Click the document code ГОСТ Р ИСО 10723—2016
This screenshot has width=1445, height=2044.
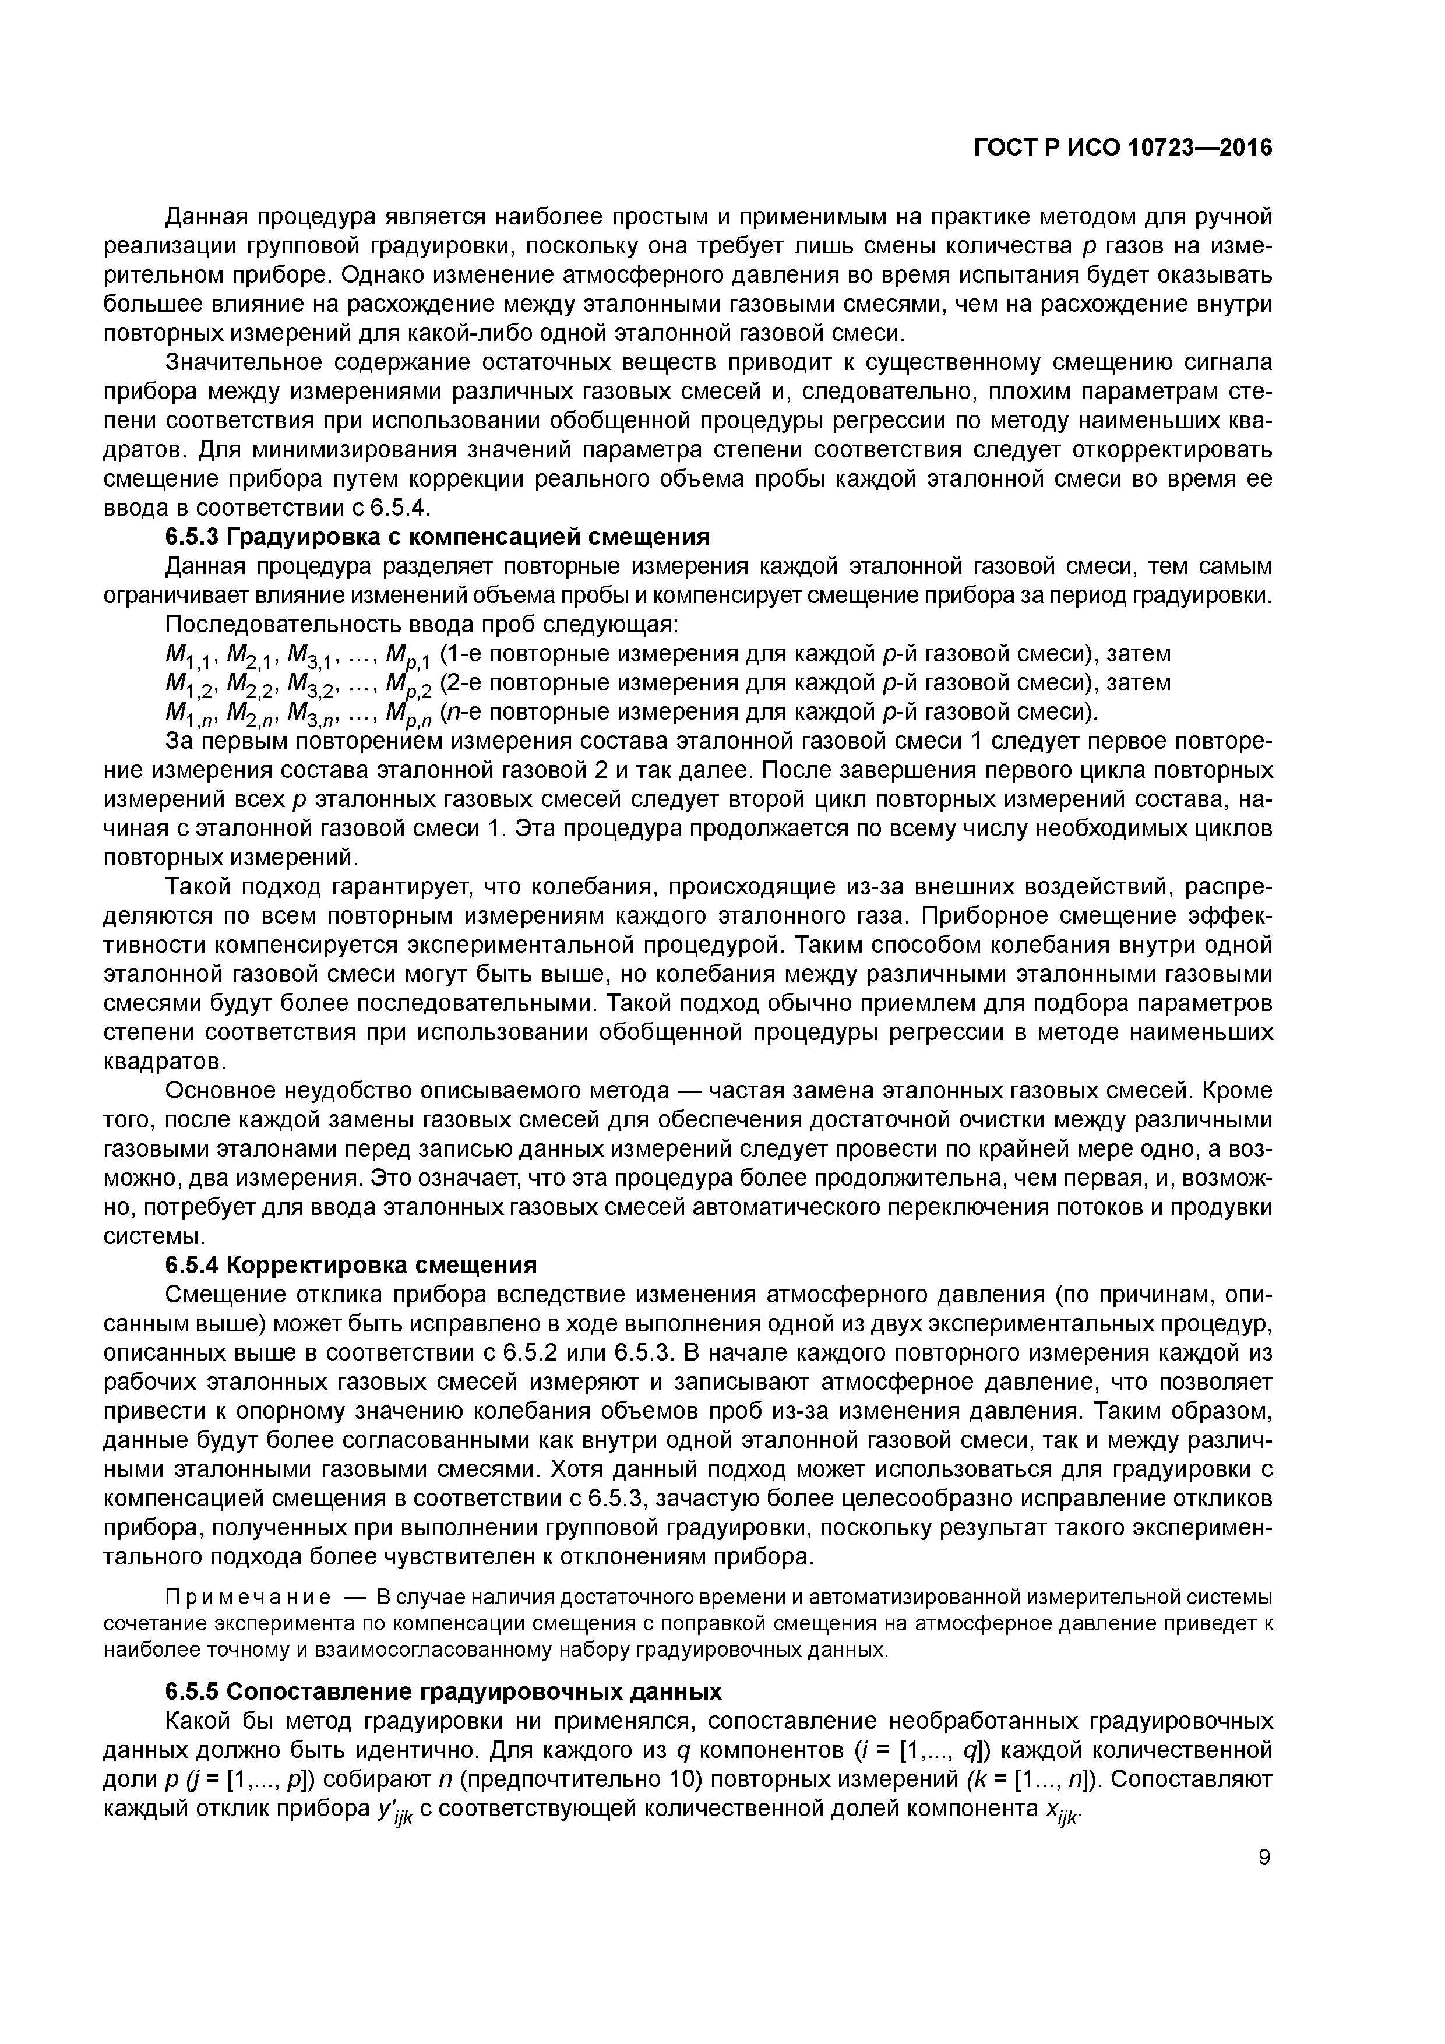(x=1122, y=148)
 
